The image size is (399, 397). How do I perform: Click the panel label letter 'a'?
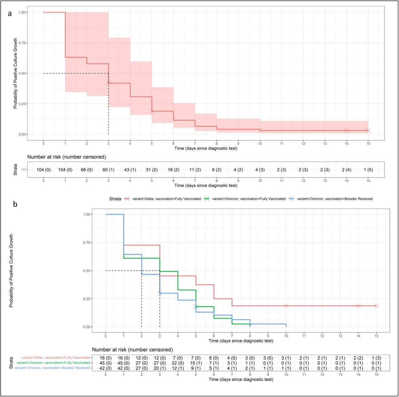click(10, 13)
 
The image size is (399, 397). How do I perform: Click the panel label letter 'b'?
click(15, 204)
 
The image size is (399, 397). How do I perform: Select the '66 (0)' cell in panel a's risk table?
click(87, 170)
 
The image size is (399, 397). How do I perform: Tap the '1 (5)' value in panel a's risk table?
click(368, 170)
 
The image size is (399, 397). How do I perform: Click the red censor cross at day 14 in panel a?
click(347, 131)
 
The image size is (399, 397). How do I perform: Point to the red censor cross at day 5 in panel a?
click(152, 111)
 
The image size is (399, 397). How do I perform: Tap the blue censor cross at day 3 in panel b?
click(160, 293)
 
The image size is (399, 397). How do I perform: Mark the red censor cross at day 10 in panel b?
click(286, 306)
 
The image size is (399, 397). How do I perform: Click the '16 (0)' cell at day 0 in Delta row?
click(106, 357)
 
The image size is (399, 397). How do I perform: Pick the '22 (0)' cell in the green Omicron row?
click(178, 363)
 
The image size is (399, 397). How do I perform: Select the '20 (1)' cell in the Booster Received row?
click(160, 368)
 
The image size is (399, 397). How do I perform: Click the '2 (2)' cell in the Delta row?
click(358, 357)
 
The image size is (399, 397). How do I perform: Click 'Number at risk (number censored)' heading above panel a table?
click(67, 157)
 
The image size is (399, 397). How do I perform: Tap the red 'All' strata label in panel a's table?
click(23, 170)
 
